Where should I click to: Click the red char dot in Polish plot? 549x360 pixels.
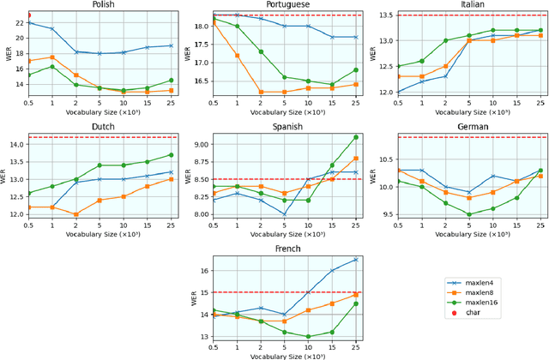(28, 15)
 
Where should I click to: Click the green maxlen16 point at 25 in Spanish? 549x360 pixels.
(356, 137)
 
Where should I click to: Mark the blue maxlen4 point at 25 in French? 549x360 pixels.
(356, 260)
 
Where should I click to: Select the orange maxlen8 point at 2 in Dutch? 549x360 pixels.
(76, 214)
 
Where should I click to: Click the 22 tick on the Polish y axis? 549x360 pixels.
(17, 22)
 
